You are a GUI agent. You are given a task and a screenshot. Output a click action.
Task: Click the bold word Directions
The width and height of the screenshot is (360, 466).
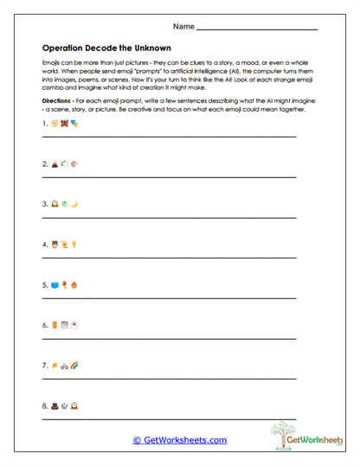click(x=59, y=101)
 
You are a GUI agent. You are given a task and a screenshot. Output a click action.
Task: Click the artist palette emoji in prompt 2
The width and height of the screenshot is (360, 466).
click(x=74, y=163)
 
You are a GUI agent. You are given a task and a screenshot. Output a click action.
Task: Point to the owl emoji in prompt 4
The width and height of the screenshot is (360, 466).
click(x=54, y=245)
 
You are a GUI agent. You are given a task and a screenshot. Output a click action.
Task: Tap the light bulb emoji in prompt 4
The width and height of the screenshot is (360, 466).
click(x=74, y=245)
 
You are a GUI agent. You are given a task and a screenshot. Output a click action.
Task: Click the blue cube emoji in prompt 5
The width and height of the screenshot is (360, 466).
click(x=54, y=284)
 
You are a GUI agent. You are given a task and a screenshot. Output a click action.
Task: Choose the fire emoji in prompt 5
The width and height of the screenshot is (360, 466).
click(x=74, y=284)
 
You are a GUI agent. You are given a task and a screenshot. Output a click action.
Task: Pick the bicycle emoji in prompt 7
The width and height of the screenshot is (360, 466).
click(x=64, y=366)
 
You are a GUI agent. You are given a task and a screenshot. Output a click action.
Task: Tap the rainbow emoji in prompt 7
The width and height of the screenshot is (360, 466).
click(x=74, y=366)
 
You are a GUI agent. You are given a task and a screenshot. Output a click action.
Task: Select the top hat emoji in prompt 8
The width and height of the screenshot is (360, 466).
click(x=54, y=405)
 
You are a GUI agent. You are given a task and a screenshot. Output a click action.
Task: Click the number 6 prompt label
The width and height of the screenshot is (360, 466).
click(x=44, y=326)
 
